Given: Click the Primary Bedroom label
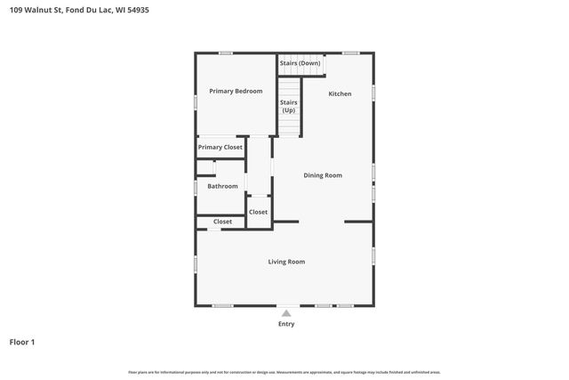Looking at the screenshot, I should (236, 91).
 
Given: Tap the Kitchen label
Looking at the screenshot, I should (340, 93).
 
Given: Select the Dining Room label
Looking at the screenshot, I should (323, 175).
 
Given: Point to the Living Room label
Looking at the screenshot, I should (286, 262).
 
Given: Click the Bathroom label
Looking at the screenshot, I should (222, 186).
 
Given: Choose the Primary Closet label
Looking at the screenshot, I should (220, 147).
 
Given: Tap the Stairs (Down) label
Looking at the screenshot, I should (300, 63).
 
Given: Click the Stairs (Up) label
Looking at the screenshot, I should (288, 106).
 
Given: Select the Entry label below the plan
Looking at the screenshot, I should (286, 324).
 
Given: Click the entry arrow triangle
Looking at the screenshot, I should (286, 312).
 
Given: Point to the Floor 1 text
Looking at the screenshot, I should (22, 342).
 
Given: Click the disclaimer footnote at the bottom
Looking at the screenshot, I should (284, 372).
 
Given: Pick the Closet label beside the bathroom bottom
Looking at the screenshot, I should (222, 222).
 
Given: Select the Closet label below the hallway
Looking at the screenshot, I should (258, 212).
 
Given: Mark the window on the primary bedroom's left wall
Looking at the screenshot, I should (196, 102).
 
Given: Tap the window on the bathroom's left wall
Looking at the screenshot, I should (196, 188).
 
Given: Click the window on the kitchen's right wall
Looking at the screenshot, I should (373, 92).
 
